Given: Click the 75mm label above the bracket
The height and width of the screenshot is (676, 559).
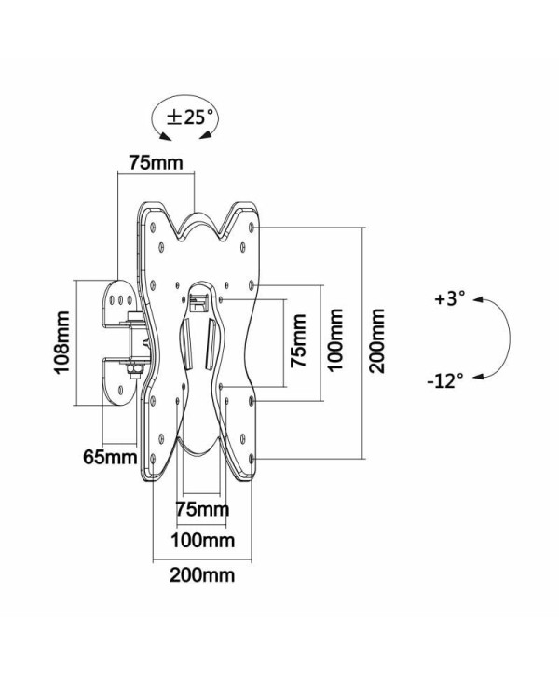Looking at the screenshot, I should click(x=156, y=162).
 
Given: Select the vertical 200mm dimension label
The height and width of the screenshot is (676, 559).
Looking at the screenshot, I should click(x=377, y=341).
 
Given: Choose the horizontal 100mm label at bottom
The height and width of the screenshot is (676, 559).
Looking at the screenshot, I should click(x=202, y=542).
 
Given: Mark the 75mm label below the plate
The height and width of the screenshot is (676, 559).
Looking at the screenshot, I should click(x=202, y=509).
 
